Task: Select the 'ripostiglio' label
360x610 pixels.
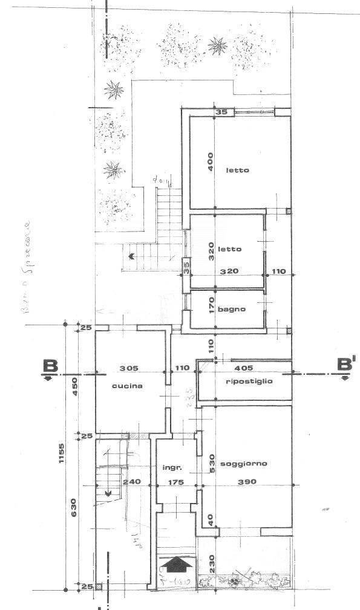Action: [x=249, y=381]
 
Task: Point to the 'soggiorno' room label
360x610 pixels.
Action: [x=244, y=464]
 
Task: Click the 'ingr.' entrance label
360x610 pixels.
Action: [x=172, y=467]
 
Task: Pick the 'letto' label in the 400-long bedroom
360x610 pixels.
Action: [x=237, y=170]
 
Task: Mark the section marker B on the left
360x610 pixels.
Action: [x=50, y=366]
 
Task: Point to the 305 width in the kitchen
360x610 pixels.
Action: [x=129, y=368]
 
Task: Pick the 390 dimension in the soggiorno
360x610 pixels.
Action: [x=247, y=482]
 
